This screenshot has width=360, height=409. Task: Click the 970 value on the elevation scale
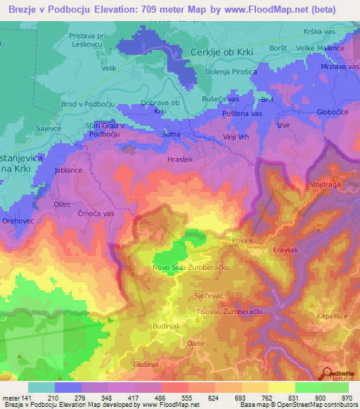click(x=346, y=397)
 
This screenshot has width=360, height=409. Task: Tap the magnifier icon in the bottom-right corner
click(x=328, y=375)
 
